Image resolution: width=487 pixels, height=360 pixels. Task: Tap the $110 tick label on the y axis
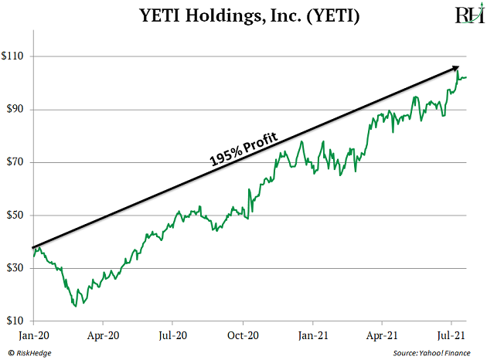[x=15, y=56]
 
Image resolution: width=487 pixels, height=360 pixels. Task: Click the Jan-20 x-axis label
[x=32, y=336]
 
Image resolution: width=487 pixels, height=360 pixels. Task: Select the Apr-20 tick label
[x=103, y=336]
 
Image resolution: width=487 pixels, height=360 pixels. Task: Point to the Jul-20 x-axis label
[x=172, y=336]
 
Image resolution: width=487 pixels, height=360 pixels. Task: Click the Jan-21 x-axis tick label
[x=313, y=336]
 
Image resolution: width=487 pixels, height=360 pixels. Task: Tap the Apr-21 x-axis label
[x=382, y=336]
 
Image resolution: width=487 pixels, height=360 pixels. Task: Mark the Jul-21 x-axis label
[x=451, y=336]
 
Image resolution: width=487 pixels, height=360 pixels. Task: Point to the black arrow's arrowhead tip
[x=461, y=66]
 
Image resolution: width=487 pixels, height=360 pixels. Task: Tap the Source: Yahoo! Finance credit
[x=432, y=353]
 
